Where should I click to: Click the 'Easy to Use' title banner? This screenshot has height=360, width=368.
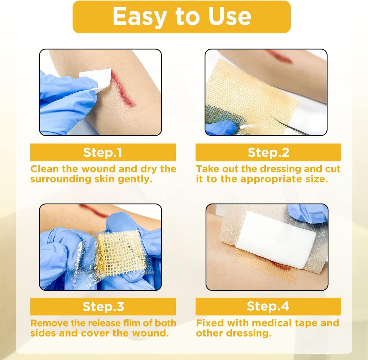tap(182, 17)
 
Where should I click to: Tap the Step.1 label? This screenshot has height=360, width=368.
tap(103, 152)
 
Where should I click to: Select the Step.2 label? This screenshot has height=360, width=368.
tap(268, 152)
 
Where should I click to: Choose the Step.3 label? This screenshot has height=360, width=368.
tap(103, 307)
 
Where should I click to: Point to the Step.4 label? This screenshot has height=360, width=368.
tap(268, 306)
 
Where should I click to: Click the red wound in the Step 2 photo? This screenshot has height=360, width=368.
tap(279, 56)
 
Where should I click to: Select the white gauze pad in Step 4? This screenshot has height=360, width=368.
tap(276, 240)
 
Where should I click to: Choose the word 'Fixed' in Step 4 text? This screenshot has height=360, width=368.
tap(210, 323)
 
